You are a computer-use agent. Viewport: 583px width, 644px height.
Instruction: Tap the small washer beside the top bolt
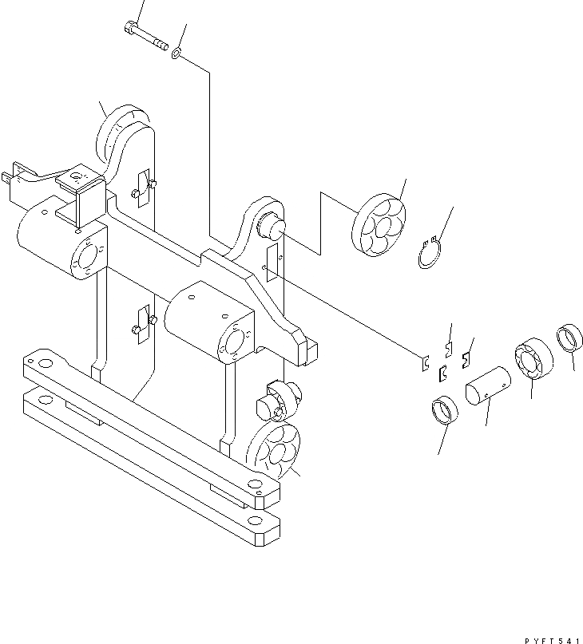(x=176, y=53)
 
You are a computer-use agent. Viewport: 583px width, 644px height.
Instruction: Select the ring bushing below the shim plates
(x=446, y=412)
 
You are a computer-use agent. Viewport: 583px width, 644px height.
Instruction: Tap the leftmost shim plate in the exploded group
(x=426, y=364)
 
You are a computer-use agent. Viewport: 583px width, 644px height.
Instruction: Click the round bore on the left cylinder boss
(x=85, y=258)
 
